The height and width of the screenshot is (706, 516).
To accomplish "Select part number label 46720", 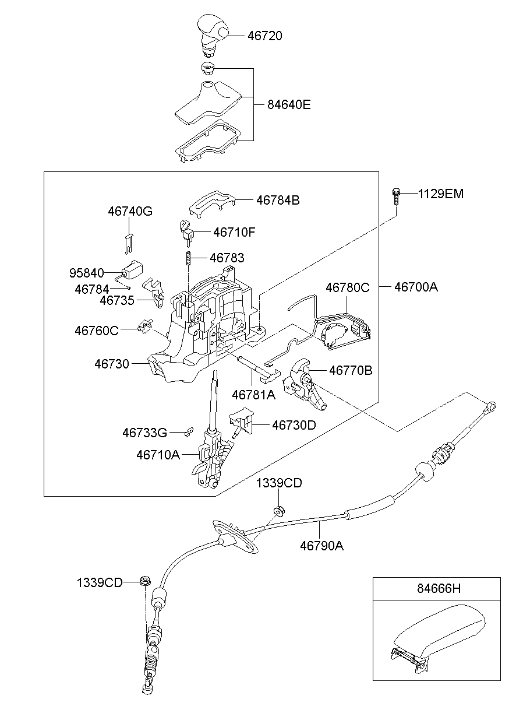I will [264, 36].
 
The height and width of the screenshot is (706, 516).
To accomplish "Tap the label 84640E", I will [289, 105].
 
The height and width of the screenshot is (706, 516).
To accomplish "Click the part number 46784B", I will [278, 200].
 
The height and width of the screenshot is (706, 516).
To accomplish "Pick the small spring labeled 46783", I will [189, 258].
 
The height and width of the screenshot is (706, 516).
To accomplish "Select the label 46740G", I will [130, 212].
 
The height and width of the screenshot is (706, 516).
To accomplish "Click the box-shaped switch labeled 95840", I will [133, 271].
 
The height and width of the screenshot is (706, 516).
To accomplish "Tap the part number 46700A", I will [416, 287].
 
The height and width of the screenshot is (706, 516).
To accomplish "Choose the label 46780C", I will [347, 287].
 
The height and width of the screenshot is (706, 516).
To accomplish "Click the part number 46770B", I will [351, 370].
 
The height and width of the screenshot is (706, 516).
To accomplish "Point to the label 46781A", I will [253, 395].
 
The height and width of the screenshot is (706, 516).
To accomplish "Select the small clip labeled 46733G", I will [188, 432].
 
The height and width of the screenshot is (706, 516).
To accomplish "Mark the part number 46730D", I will [294, 425].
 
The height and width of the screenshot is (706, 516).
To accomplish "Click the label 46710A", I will [158, 454].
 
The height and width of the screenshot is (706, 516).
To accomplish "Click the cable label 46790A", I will [321, 546].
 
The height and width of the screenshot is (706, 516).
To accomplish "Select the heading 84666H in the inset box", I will [436, 589].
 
